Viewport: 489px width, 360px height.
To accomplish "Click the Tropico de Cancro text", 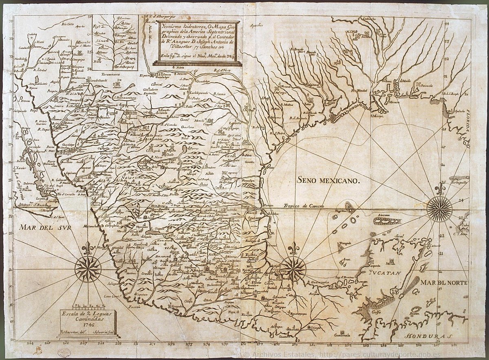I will pyautogui.click(x=303, y=206).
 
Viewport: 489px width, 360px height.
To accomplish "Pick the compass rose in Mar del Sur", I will pyautogui.click(x=88, y=269).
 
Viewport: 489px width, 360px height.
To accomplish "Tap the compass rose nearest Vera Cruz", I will pyautogui.click(x=293, y=268).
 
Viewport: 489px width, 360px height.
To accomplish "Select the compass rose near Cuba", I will pyautogui.click(x=439, y=209).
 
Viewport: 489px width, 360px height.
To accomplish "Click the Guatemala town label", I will pyautogui.click(x=341, y=335).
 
